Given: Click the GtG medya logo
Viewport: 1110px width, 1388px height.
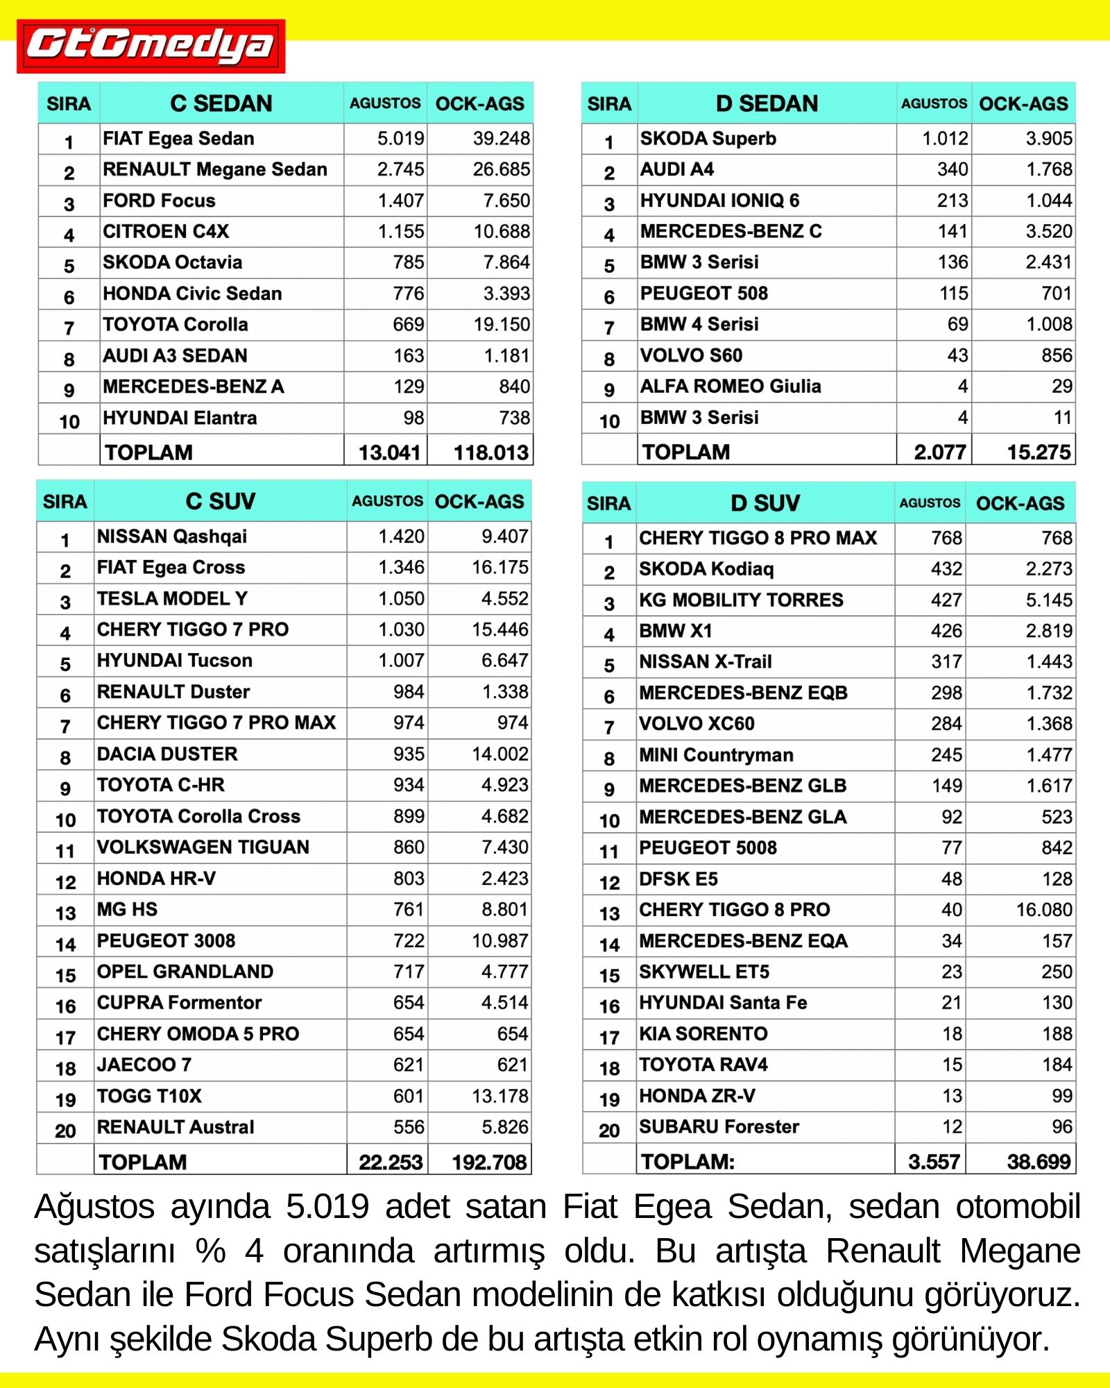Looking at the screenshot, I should (151, 46).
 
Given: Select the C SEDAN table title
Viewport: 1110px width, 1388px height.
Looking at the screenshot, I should (221, 103).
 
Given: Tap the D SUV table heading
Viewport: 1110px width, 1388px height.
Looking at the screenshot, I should (765, 503).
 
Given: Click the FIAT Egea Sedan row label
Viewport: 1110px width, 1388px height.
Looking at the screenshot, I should (178, 139).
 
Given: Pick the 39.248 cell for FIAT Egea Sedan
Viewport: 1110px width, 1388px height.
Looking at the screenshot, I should (501, 139).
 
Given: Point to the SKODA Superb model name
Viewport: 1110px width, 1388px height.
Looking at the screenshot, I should (708, 139).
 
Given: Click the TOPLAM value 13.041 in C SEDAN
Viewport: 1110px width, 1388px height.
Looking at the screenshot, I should (389, 452).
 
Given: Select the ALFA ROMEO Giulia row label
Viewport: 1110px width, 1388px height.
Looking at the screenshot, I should (730, 387).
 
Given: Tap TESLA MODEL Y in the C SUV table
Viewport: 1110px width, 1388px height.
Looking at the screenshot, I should (172, 598).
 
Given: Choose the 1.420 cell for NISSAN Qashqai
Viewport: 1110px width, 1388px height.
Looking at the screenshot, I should (401, 536).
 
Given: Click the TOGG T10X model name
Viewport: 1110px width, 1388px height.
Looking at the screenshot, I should (149, 1096).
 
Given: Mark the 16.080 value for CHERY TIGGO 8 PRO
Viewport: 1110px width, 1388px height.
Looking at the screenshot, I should (1043, 910).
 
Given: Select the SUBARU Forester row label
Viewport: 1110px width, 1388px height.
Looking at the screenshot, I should (719, 1127).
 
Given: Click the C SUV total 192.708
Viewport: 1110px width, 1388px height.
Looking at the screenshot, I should (489, 1162).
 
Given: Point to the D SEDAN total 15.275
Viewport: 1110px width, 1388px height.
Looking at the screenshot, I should (1039, 452).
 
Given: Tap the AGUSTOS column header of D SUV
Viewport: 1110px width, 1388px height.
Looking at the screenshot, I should (930, 503).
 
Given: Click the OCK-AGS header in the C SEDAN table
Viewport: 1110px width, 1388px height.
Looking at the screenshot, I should (479, 104).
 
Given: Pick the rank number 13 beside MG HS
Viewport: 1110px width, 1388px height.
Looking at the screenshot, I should (65, 913).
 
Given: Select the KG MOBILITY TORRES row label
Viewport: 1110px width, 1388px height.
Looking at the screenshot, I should (741, 600).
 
